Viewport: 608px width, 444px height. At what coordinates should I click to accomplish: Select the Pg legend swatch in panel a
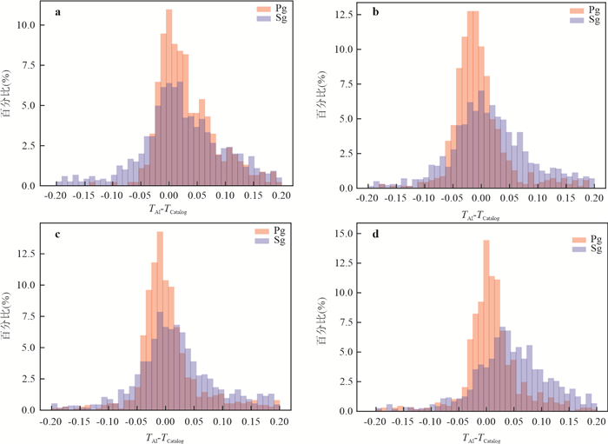(264, 9)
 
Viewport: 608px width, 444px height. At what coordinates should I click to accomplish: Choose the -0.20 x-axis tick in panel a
(56, 197)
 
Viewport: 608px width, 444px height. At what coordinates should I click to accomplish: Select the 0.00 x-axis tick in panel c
(169, 421)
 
